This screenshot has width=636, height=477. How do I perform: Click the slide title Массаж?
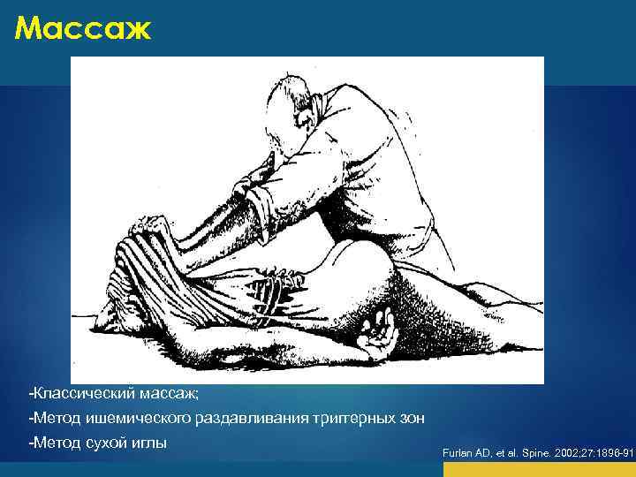[x=83, y=30]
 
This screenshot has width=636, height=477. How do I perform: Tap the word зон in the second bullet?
[x=412, y=416]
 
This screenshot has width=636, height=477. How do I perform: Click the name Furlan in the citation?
[x=458, y=453]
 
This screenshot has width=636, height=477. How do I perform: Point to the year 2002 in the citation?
[x=564, y=453]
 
